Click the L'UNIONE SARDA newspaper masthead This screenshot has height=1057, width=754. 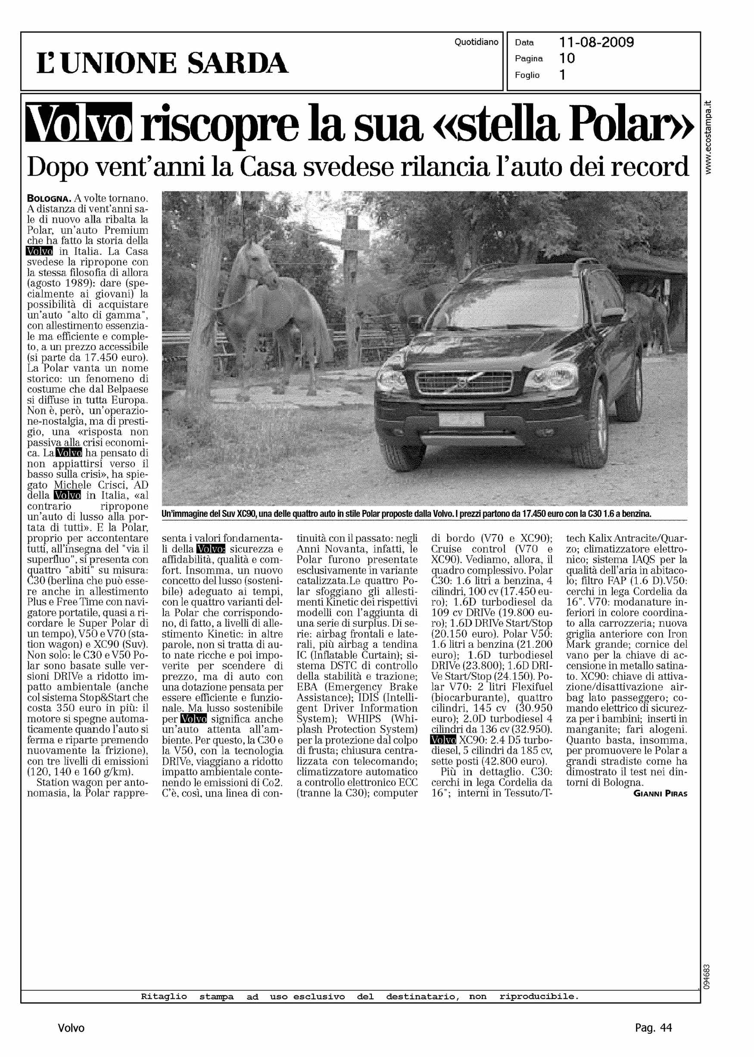pyautogui.click(x=162, y=64)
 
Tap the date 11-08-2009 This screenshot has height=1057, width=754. pyautogui.click(x=596, y=43)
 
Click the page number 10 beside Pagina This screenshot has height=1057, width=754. pyautogui.click(x=567, y=59)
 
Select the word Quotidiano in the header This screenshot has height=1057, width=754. pyautogui.click(x=476, y=42)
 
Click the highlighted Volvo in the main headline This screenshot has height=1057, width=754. pyautogui.click(x=78, y=122)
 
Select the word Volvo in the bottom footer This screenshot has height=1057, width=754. pyautogui.click(x=71, y=1028)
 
